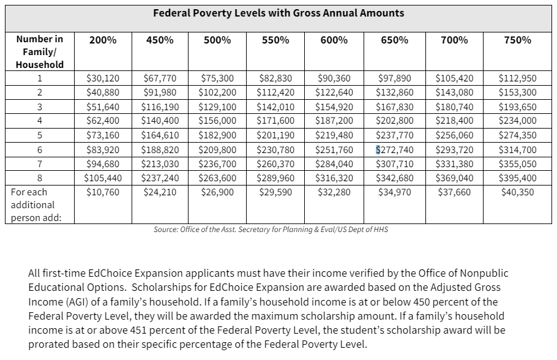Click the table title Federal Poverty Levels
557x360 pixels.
click(278, 13)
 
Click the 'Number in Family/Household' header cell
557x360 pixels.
click(40, 52)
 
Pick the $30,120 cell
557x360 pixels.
click(102, 78)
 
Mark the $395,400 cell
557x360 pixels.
click(517, 178)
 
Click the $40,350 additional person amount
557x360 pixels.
click(517, 192)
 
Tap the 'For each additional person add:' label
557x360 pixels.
click(34, 204)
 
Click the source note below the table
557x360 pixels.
click(271, 230)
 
